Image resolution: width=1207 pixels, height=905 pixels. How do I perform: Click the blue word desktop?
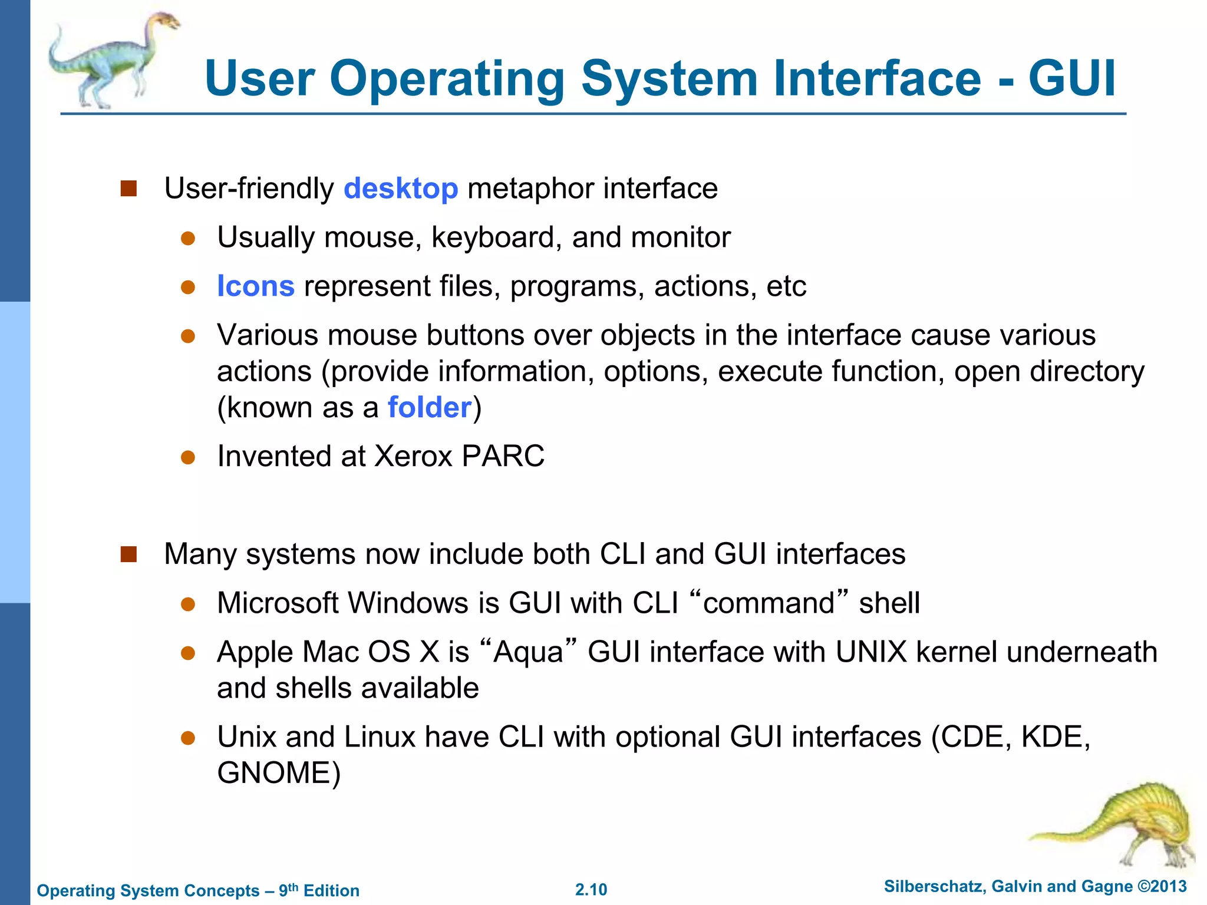point(401,189)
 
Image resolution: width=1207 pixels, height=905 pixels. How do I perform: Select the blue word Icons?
point(255,286)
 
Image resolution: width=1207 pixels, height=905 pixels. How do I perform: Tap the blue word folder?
point(430,408)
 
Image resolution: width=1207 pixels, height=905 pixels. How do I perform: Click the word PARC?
point(503,456)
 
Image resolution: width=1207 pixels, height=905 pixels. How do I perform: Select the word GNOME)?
point(279,773)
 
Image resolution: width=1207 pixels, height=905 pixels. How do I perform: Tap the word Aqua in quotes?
point(528,652)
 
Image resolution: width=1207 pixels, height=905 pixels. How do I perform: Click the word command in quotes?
point(769,603)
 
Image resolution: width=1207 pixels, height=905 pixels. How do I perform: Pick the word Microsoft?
point(276,603)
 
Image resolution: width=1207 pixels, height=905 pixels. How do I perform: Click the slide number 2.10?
point(591,890)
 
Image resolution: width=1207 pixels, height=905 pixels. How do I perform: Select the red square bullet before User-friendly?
point(128,189)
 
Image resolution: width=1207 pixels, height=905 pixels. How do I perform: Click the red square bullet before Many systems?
point(128,554)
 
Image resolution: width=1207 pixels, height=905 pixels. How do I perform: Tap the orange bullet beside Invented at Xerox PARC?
point(188,458)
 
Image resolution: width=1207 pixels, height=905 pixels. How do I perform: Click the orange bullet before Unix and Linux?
point(188,738)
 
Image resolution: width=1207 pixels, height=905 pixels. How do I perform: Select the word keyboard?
point(496,238)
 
